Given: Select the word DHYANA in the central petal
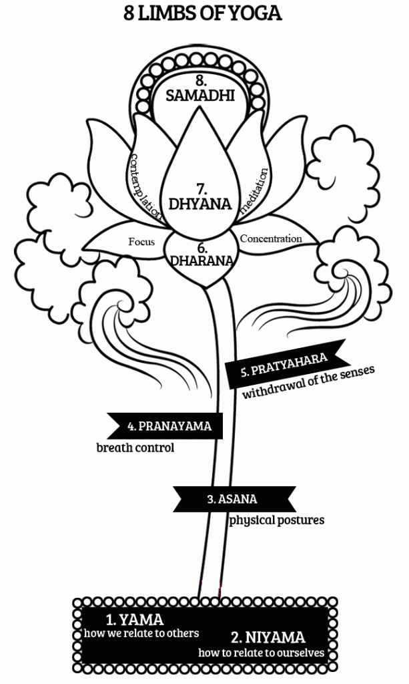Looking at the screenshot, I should pos(200,203).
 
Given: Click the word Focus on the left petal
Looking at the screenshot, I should pos(141,242).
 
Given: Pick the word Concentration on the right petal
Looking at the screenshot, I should pos(270,238).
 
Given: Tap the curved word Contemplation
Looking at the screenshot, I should pos(145,187).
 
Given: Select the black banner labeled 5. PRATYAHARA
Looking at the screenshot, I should pos(286,363).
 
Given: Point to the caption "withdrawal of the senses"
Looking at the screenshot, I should pos(308,381).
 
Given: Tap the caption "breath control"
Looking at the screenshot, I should pos(135,448).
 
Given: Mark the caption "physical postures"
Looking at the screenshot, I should pos(277,519).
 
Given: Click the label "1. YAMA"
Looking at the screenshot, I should pos(135,619).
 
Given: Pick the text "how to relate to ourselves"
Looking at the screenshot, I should pos(261,652).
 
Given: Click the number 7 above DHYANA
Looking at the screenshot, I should pos(200,187).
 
